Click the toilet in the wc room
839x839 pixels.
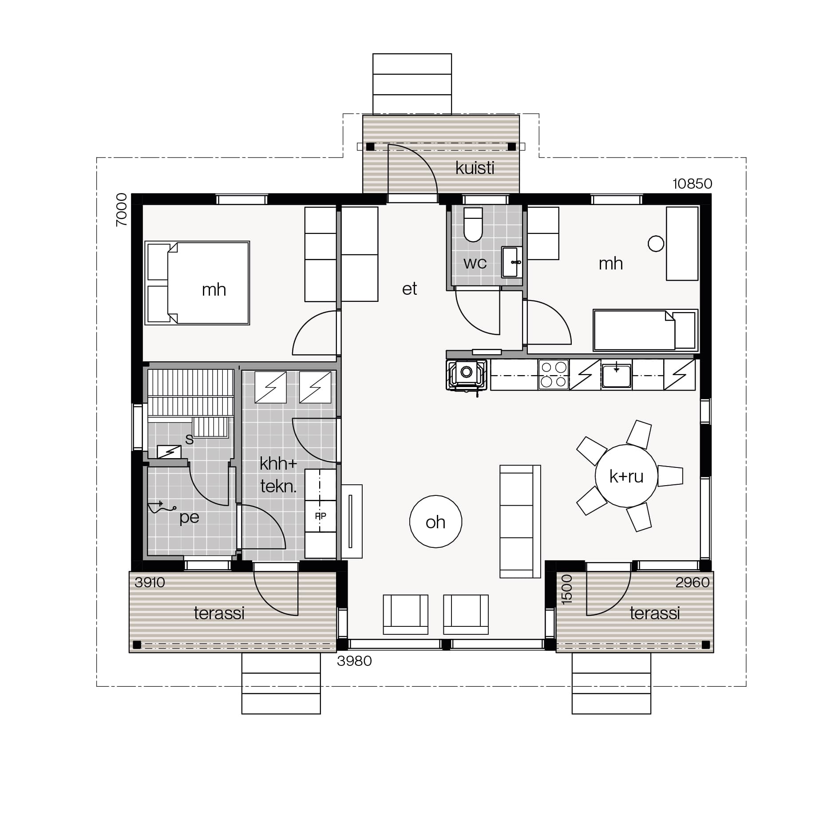[x=473, y=225]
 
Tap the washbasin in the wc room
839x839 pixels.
[x=511, y=262]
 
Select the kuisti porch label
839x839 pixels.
[x=475, y=168]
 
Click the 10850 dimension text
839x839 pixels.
[x=692, y=183]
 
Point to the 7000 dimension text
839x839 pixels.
[x=121, y=210]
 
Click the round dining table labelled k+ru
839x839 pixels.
[x=626, y=476]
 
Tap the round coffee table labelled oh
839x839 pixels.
[x=435, y=522]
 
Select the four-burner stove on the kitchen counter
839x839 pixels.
[x=554, y=375]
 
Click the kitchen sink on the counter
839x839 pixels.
[x=616, y=376]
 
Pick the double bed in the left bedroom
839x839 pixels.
[x=197, y=283]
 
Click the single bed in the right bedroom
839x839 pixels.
[x=645, y=330]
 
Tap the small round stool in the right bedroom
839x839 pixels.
[x=656, y=243]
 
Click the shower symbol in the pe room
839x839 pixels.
[x=161, y=507]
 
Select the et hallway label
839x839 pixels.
[x=409, y=289]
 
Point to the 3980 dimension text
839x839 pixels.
[x=354, y=661]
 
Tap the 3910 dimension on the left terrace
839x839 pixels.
[x=150, y=582]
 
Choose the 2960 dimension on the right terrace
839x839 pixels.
[x=692, y=582]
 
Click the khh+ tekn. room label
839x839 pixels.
[x=278, y=475]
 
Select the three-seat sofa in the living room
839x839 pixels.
[x=520, y=522]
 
